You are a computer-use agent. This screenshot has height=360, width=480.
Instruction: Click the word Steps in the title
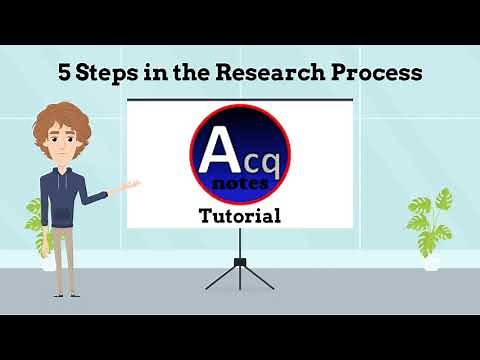point(103,73)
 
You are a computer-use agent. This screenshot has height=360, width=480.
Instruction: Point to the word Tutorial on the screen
point(239,214)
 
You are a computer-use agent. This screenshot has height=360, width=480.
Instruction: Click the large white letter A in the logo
point(217,155)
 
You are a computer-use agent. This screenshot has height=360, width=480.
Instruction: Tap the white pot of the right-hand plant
point(431,262)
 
